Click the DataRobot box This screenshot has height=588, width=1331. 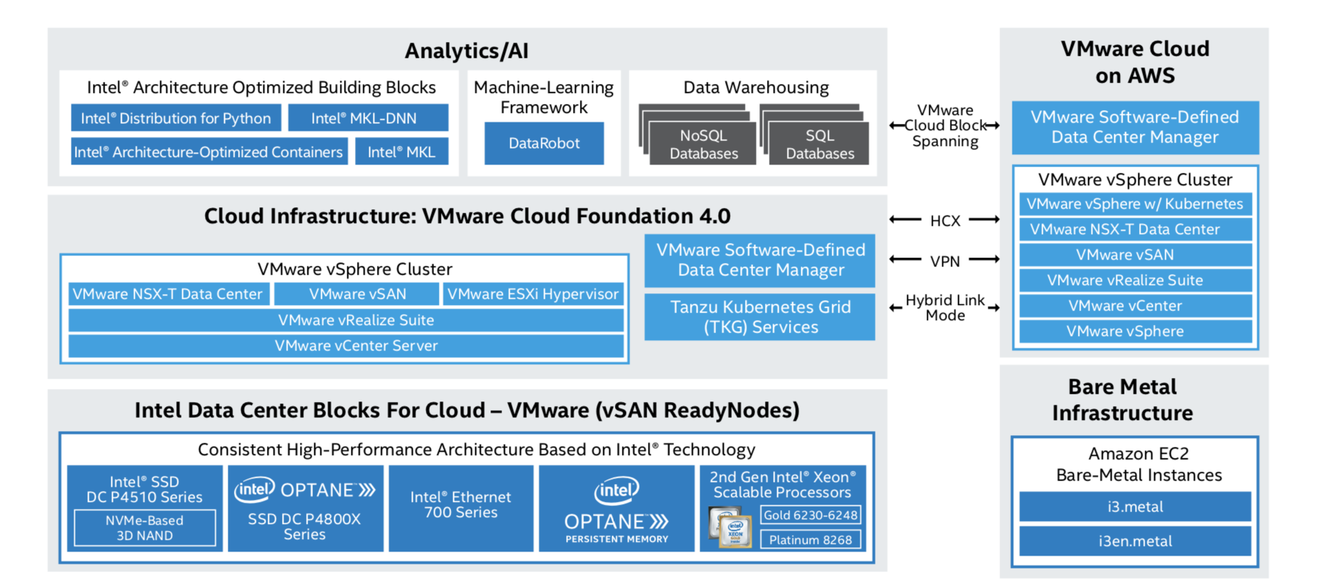pos(543,143)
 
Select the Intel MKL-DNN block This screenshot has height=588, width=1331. pos(367,118)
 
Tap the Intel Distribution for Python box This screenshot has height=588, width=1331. pos(175,118)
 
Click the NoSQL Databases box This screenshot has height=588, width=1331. pos(703,144)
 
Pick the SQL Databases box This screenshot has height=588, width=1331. pos(819,144)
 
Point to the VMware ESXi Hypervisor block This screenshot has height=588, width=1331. pos(533,294)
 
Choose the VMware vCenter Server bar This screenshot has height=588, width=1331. pos(346,346)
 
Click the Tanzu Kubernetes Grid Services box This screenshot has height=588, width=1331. pos(759,317)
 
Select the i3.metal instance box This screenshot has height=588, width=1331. pos(1134,507)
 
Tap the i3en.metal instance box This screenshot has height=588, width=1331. pos(1134,541)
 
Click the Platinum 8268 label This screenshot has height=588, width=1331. pos(810,540)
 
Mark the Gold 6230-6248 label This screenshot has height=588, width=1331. pos(810,515)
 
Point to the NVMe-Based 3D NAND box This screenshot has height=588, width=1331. pos(144,528)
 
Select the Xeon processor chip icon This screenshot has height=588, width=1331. pos(730,527)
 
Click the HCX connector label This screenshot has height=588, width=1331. pos(944,220)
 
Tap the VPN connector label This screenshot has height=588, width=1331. pos(944,261)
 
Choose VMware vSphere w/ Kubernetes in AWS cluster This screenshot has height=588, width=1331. pos(1134,204)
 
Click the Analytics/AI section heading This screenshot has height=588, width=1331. pos(466,51)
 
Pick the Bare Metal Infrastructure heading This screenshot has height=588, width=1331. pos(1122,399)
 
